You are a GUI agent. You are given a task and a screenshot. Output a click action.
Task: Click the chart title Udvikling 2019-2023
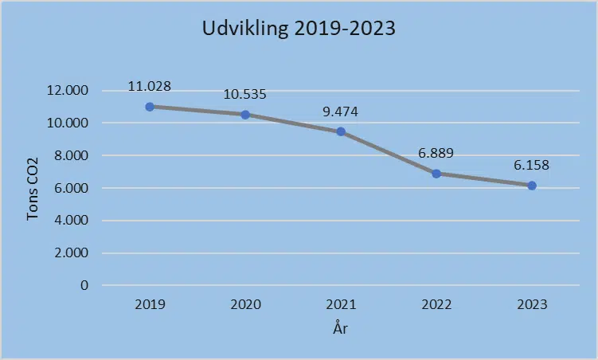coord(299,29)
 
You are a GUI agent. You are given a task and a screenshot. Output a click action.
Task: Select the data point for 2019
coord(150,107)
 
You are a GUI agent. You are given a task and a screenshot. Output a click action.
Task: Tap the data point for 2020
coord(245,115)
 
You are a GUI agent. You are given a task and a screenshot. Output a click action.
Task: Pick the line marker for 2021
coord(341,131)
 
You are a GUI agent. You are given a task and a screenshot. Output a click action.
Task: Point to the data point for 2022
coord(436,174)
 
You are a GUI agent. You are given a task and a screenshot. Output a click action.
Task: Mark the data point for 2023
coord(532,186)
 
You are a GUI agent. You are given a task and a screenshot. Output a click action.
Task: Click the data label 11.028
coord(150,86)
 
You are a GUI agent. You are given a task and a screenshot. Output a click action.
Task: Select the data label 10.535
coord(245,94)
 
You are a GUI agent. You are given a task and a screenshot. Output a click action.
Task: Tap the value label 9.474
coord(341,112)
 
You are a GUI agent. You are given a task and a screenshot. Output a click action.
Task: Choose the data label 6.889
coord(436,153)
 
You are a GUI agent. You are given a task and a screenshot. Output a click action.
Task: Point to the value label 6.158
coord(532,166)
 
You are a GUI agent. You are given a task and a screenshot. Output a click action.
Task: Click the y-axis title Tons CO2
coord(33,188)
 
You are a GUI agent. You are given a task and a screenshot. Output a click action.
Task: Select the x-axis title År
coord(341,327)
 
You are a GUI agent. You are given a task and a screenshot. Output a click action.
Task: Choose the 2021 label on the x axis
coord(341,304)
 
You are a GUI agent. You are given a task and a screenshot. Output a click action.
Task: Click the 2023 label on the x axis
coord(532,304)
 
